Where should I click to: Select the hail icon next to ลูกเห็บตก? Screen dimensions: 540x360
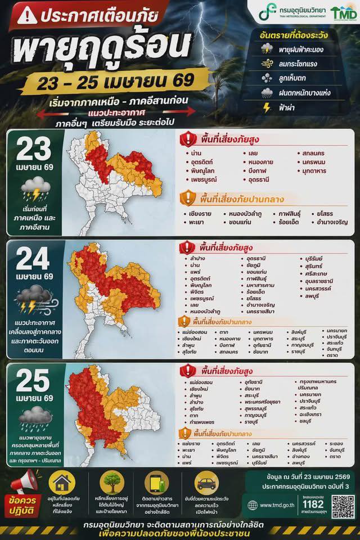coord(267,78)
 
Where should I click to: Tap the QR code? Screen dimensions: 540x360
coord(343,506)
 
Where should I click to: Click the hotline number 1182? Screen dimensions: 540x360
coord(313,504)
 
